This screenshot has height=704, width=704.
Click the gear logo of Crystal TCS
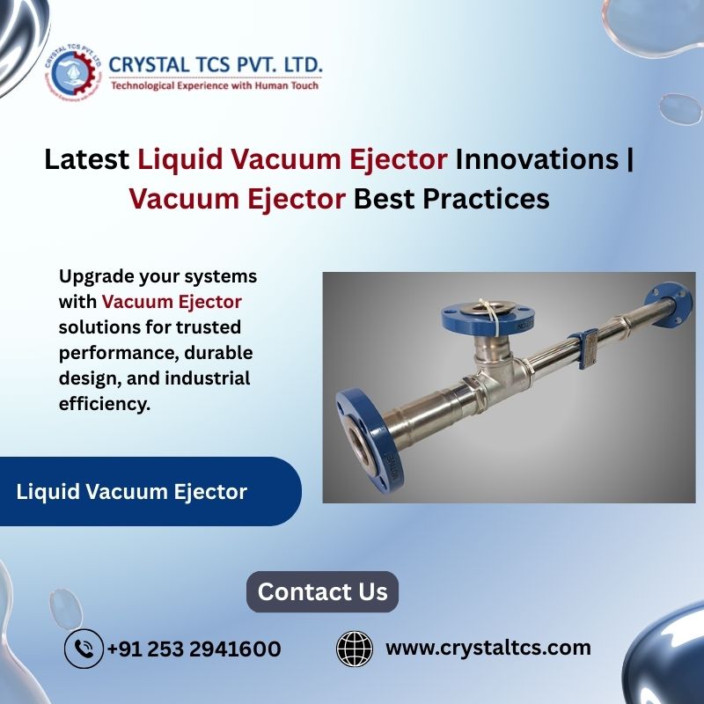(73, 73)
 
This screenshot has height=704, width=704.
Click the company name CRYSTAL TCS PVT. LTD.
(216, 64)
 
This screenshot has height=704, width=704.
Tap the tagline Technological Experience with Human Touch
(215, 85)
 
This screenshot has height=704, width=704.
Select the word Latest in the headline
(86, 159)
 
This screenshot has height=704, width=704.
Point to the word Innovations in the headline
(537, 159)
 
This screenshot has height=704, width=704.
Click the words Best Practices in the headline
(451, 199)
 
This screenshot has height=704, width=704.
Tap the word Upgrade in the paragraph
(96, 277)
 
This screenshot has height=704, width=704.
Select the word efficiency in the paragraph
(104, 404)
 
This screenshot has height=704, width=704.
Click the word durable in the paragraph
(218, 353)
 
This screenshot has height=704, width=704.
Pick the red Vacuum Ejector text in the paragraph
(172, 302)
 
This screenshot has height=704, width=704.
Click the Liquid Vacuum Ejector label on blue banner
(131, 492)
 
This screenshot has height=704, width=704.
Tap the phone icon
(84, 649)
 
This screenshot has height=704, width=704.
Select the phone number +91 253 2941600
(194, 649)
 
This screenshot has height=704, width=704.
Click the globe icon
(355, 649)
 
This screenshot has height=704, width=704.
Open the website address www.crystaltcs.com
(488, 648)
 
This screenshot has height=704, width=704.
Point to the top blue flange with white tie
(488, 318)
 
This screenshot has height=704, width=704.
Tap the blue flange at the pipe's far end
(669, 304)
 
